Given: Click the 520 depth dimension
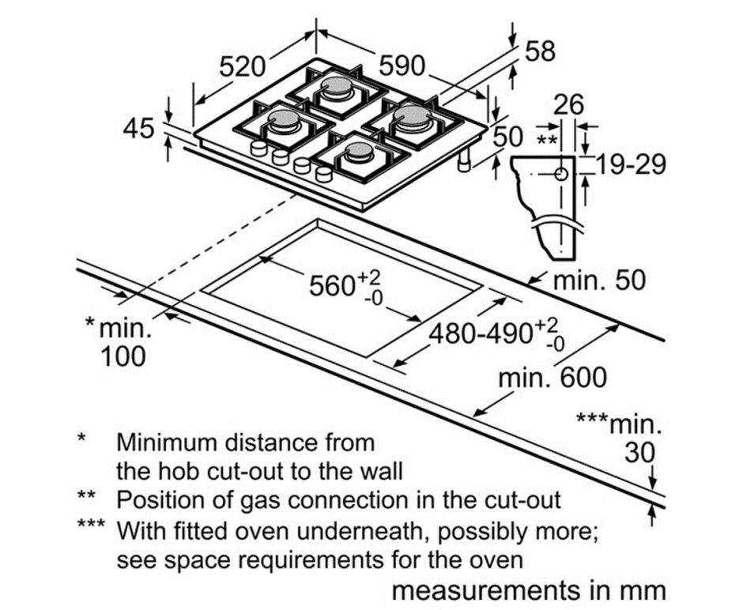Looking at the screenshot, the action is pyautogui.click(x=242, y=66).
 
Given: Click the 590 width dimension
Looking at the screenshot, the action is pyautogui.click(x=402, y=66).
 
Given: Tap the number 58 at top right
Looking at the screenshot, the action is pyautogui.click(x=540, y=51).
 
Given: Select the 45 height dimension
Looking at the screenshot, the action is pyautogui.click(x=138, y=128).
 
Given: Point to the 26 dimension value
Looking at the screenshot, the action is pyautogui.click(x=568, y=104).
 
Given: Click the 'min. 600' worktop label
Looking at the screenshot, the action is pyautogui.click(x=552, y=378).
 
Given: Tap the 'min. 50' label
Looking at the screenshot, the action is pyautogui.click(x=599, y=280).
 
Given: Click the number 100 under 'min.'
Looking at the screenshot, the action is pyautogui.click(x=123, y=356).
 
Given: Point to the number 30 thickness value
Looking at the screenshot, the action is pyautogui.click(x=639, y=453).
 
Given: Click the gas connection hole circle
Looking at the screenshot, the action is pyautogui.click(x=561, y=175).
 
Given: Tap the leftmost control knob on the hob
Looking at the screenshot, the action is pyautogui.click(x=258, y=149).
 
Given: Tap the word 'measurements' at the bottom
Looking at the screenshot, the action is pyautogui.click(x=485, y=591).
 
